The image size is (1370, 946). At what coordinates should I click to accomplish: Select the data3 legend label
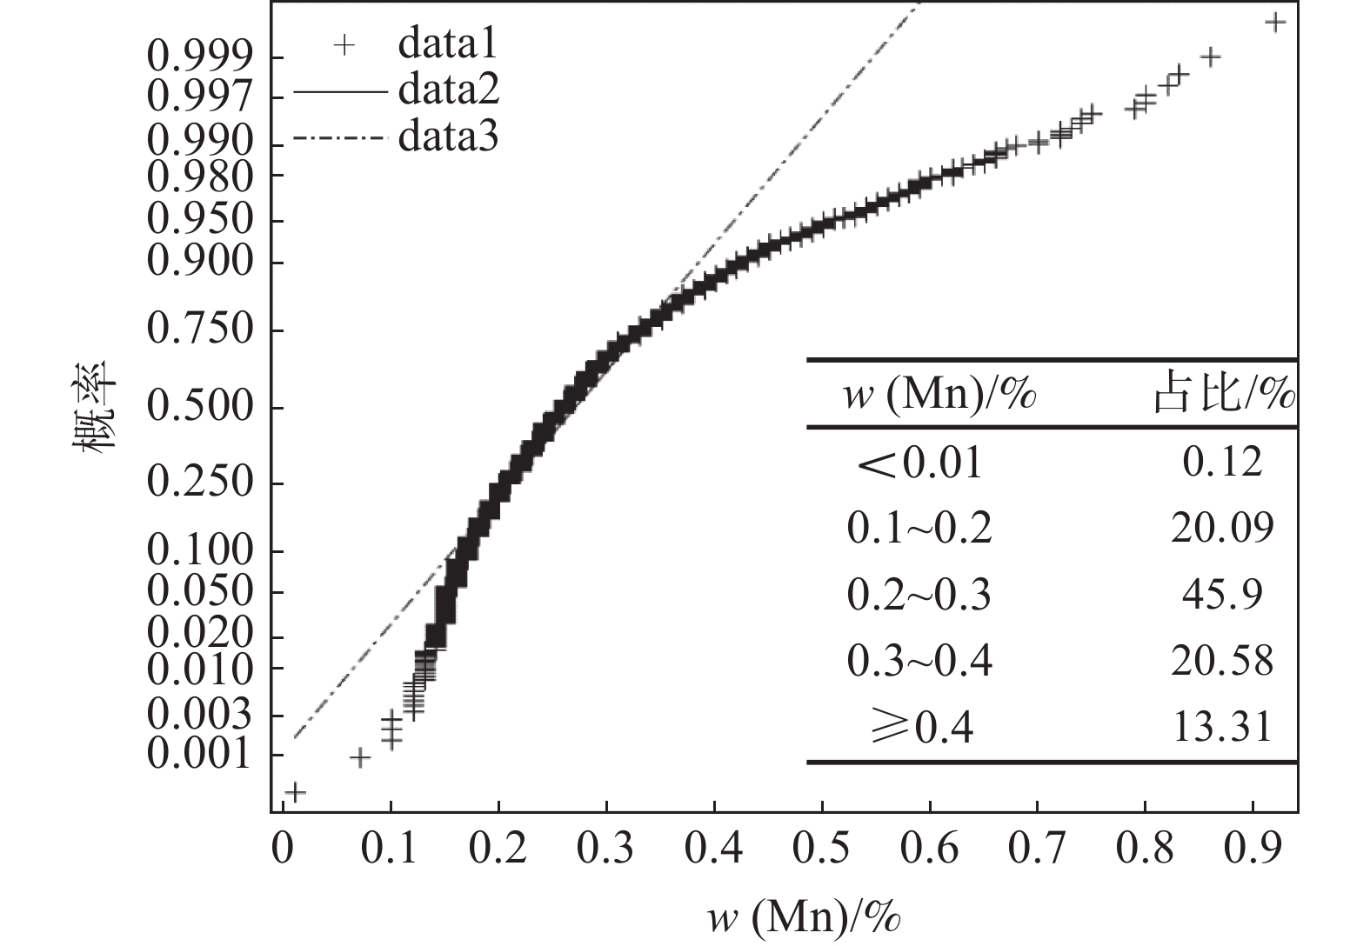pyautogui.click(x=449, y=137)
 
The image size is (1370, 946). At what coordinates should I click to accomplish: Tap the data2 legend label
pyautogui.click(x=449, y=90)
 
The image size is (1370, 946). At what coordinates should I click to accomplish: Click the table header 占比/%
pyautogui.click(x=1223, y=396)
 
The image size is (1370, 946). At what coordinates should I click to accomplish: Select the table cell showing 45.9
pyautogui.click(x=1222, y=595)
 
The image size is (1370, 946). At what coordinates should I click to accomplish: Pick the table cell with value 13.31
pyautogui.click(x=1222, y=727)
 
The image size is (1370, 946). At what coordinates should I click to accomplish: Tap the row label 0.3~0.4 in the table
pyautogui.click(x=919, y=662)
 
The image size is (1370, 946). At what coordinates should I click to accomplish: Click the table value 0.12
pyautogui.click(x=1222, y=462)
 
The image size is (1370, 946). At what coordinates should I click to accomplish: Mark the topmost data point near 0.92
pyautogui.click(x=1275, y=22)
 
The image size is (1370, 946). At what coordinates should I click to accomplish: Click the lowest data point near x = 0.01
pyautogui.click(x=295, y=792)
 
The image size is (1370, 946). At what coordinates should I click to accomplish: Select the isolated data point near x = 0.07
pyautogui.click(x=360, y=758)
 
